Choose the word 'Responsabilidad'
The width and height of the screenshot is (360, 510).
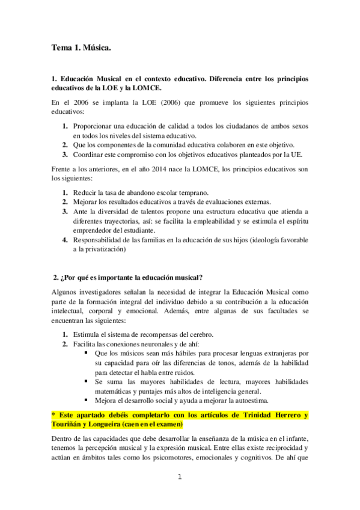click(x=101, y=240)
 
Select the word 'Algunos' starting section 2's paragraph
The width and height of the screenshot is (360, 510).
click(x=65, y=292)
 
